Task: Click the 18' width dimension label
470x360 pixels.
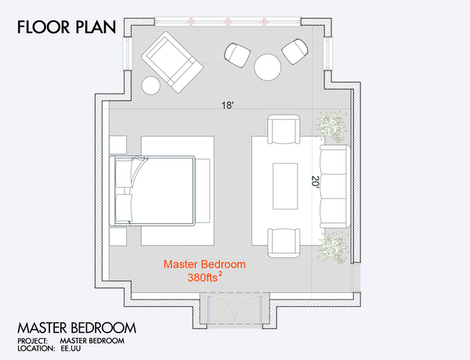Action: pyautogui.click(x=227, y=106)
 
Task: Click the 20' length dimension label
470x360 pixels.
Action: pyautogui.click(x=316, y=182)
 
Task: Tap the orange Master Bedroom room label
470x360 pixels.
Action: pyautogui.click(x=204, y=265)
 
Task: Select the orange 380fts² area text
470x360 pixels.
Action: pyautogui.click(x=205, y=277)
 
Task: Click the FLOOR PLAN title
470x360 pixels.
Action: pyautogui.click(x=67, y=27)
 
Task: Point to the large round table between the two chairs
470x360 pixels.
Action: pyautogui.click(x=268, y=67)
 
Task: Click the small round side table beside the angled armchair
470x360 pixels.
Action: pyautogui.click(x=150, y=85)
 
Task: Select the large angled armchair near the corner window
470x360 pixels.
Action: pyautogui.click(x=172, y=63)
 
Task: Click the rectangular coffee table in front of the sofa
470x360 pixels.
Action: pyautogui.click(x=285, y=186)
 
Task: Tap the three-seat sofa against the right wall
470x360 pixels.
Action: pyautogui.click(x=335, y=186)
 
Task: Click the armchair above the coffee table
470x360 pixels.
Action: pyautogui.click(x=284, y=129)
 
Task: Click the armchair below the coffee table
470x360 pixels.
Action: pyautogui.click(x=284, y=243)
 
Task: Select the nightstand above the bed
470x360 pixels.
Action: pyautogui.click(x=117, y=145)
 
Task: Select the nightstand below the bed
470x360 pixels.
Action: pyautogui.click(x=117, y=236)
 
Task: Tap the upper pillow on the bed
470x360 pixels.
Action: pyautogui.click(x=124, y=174)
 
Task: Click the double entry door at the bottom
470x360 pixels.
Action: pyautogui.click(x=235, y=310)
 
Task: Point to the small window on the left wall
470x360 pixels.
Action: pyautogui.click(x=128, y=54)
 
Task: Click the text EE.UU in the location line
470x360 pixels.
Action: pyautogui.click(x=70, y=348)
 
